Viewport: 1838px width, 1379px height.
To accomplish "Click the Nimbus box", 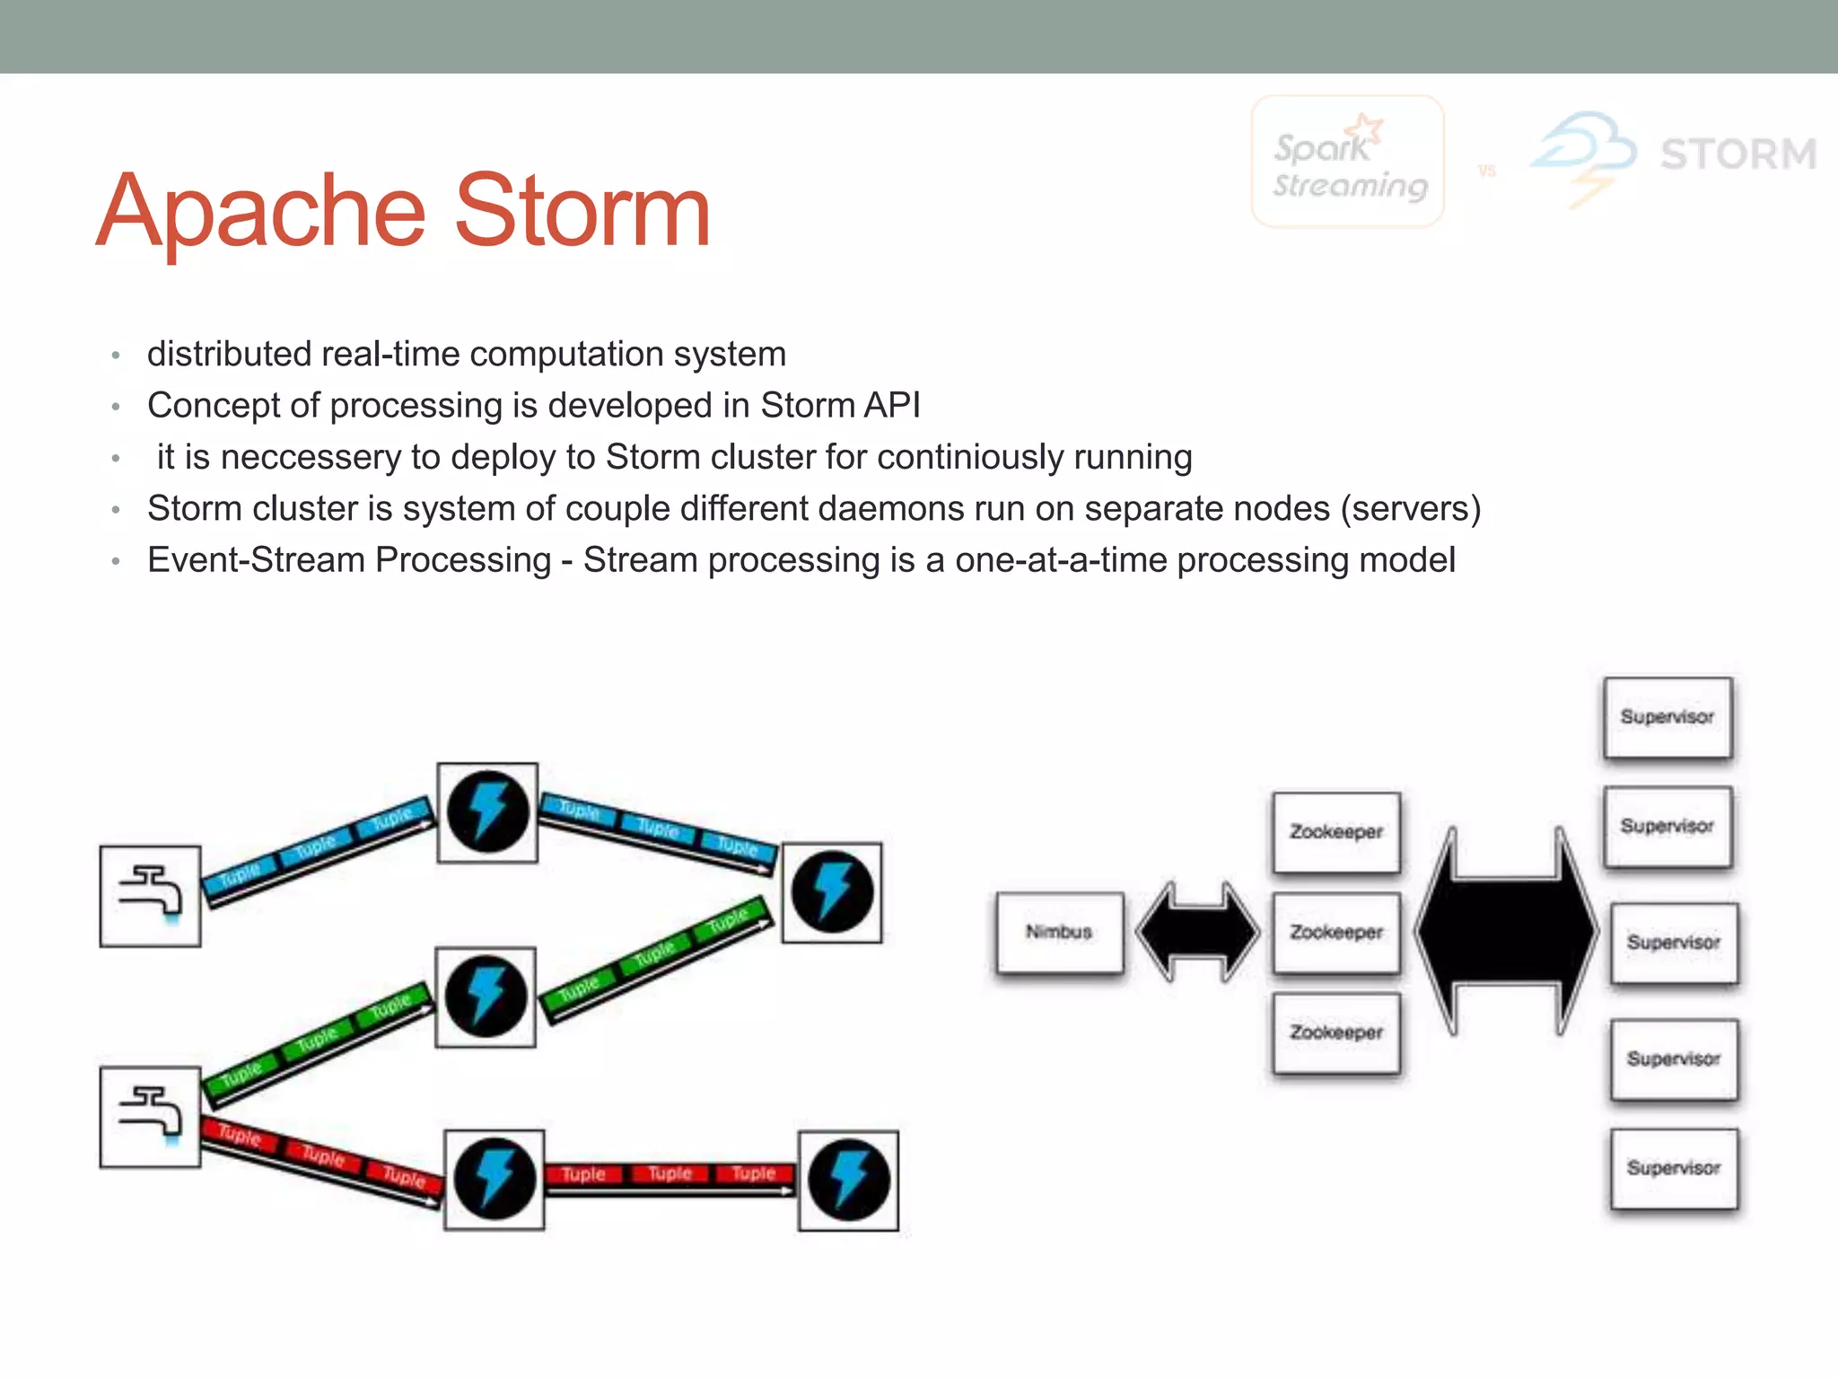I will coord(1060,933).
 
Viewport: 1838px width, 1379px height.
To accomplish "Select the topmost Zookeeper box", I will coord(1336,832).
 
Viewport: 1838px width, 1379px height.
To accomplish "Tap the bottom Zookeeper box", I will coord(1336,1033).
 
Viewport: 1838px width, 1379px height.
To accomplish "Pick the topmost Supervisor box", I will coord(1667,717).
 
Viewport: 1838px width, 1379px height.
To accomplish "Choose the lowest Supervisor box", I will coord(1674,1169).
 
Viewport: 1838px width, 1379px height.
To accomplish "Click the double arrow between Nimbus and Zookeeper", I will coord(1197,932).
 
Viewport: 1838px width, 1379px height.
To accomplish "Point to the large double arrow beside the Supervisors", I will coord(1506,932).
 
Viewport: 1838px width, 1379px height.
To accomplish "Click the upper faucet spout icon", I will coord(150,895).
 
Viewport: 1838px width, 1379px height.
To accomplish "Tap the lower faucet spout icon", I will coord(150,1117).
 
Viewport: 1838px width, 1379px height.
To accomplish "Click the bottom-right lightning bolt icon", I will coord(848,1180).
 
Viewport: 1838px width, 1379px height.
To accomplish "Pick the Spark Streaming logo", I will coord(1347,162).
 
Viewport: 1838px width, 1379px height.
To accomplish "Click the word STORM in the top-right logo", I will coord(1738,154).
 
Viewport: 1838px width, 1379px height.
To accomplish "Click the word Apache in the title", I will coord(260,213).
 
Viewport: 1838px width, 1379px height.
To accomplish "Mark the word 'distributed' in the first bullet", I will coord(229,355).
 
